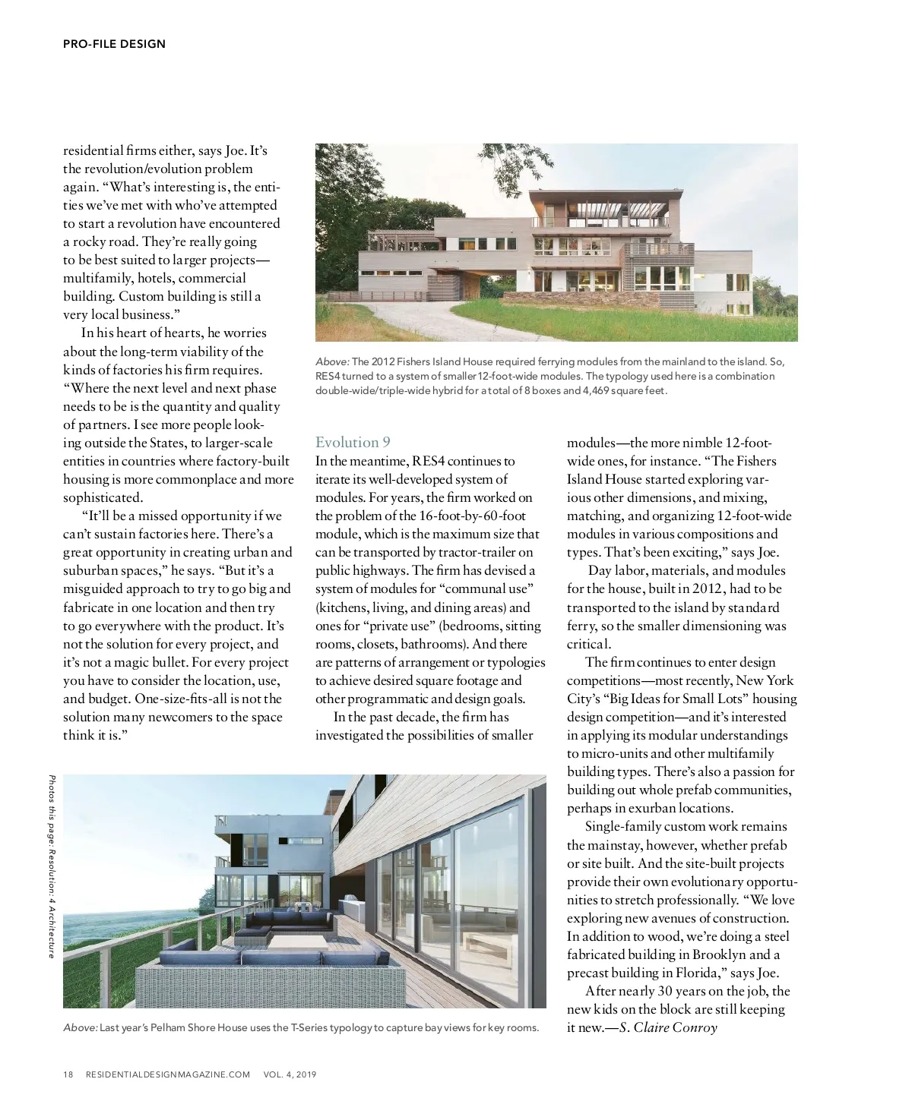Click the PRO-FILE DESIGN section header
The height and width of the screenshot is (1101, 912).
click(x=114, y=44)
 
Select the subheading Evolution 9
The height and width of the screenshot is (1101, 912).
click(x=353, y=443)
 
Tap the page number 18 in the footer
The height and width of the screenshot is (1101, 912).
click(x=68, y=1074)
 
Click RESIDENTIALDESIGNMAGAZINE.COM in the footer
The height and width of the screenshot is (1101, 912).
click(x=168, y=1074)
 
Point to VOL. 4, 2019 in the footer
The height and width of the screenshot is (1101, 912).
click(x=290, y=1074)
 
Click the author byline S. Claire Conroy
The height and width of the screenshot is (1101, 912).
click(x=668, y=1027)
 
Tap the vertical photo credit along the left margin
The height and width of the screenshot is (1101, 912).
click(x=52, y=866)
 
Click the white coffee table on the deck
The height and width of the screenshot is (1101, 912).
click(x=296, y=942)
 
